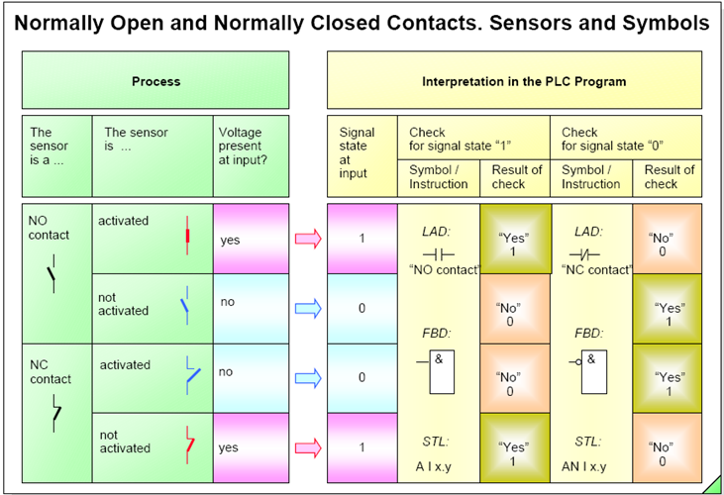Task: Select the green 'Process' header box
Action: (155, 81)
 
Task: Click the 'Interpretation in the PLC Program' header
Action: (524, 81)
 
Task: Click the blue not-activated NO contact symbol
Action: (185, 308)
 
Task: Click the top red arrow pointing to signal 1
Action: (309, 239)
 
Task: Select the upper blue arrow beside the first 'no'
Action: (309, 308)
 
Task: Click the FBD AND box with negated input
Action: (589, 365)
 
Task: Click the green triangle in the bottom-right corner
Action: (713, 485)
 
